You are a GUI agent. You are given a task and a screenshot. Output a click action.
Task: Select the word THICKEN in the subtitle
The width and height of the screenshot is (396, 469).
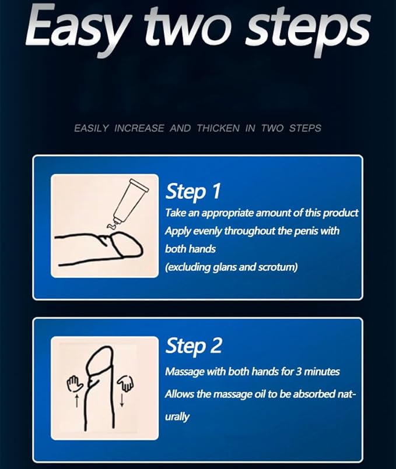[218, 128]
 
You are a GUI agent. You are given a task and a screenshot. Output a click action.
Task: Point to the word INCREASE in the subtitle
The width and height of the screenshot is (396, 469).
[139, 128]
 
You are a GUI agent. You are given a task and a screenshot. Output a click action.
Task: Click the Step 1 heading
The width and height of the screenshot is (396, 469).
[193, 192]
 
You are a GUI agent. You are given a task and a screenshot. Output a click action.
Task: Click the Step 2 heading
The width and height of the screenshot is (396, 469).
[194, 346]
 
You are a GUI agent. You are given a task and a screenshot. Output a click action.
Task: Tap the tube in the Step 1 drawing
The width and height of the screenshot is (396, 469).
[130, 202]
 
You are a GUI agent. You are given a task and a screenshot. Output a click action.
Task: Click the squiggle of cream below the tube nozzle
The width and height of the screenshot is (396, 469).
[111, 226]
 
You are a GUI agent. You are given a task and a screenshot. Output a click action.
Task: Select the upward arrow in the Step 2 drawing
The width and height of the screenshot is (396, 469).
[76, 400]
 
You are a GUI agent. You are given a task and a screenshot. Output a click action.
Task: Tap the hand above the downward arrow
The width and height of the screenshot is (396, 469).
[125, 383]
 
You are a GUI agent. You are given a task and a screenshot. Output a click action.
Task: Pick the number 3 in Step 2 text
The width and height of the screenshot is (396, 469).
[299, 372]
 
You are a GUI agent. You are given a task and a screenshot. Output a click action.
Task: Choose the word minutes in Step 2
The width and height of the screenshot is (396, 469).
[322, 372]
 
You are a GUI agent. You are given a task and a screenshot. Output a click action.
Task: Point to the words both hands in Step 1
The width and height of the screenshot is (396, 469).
[190, 249]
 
